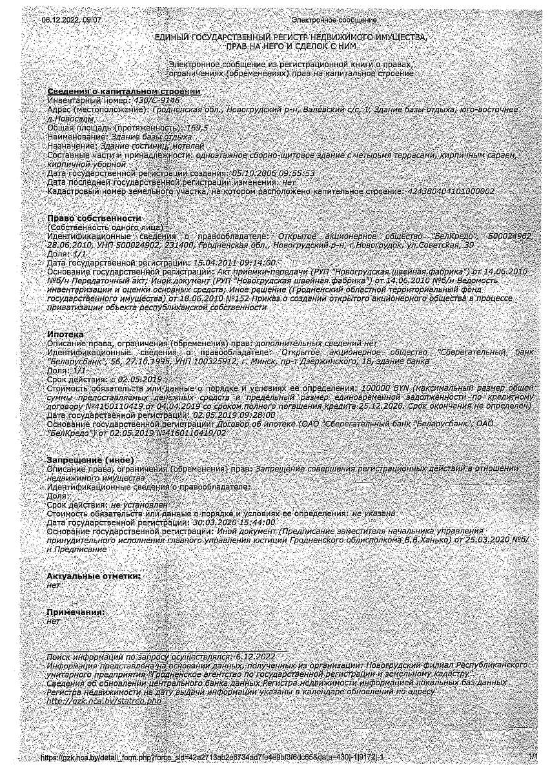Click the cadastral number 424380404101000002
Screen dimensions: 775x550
449,192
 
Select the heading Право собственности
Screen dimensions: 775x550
94,218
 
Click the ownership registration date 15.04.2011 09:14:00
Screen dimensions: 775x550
234,263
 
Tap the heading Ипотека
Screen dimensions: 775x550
65,335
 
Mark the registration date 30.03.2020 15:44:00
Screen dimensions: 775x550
234,522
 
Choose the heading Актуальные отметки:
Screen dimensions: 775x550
94,575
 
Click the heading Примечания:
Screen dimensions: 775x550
76,611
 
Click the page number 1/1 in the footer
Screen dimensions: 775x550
532,756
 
